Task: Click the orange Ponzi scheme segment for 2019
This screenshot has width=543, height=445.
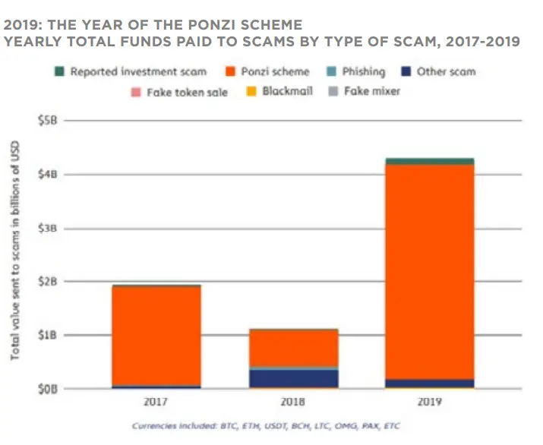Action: pyautogui.click(x=430, y=272)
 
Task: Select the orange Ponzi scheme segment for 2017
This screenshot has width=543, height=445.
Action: pyautogui.click(x=156, y=336)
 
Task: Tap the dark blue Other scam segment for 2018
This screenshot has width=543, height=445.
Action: pyautogui.click(x=294, y=378)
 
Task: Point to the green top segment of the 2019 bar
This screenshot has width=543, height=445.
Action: pyautogui.click(x=430, y=162)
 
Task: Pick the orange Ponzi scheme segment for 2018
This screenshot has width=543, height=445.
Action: pyautogui.click(x=294, y=348)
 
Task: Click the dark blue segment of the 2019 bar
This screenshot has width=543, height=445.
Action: pyautogui.click(x=430, y=383)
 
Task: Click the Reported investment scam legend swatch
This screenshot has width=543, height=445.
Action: pyautogui.click(x=59, y=71)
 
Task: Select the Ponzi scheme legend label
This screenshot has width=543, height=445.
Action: pyautogui.click(x=275, y=71)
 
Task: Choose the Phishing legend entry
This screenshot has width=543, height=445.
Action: pyautogui.click(x=356, y=71)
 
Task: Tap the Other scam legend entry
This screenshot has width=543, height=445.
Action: pyautogui.click(x=439, y=71)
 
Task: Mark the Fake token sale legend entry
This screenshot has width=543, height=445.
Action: pyautogui.click(x=179, y=92)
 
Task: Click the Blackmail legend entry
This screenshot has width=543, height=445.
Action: pyautogui.click(x=279, y=91)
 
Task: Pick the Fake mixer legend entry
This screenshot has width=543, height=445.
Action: pyautogui.click(x=364, y=91)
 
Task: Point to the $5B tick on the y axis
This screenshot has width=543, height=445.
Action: pyautogui.click(x=48, y=121)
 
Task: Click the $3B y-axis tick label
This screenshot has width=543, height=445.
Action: pyautogui.click(x=48, y=229)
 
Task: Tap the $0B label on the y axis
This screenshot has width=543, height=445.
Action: pyautogui.click(x=48, y=390)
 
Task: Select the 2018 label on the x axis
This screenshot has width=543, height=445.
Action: pyautogui.click(x=292, y=402)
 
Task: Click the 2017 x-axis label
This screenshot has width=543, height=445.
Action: pyautogui.click(x=156, y=402)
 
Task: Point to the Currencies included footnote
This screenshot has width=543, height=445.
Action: pyautogui.click(x=266, y=426)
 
